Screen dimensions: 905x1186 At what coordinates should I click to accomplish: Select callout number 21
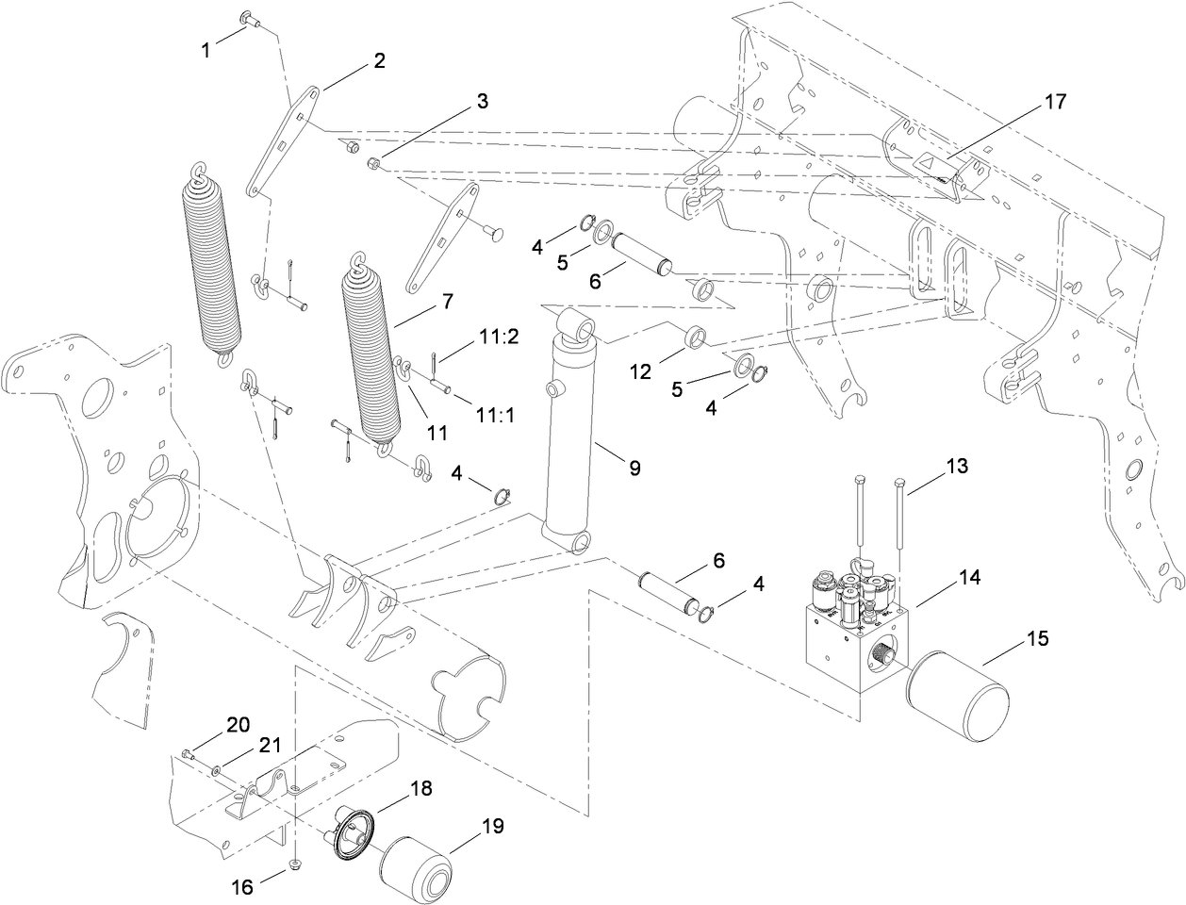click(x=271, y=746)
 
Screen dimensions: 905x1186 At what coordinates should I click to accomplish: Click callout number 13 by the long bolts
click(x=957, y=466)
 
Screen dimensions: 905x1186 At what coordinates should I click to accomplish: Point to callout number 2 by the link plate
click(x=379, y=61)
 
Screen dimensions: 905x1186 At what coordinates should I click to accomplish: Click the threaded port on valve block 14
click(x=884, y=650)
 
